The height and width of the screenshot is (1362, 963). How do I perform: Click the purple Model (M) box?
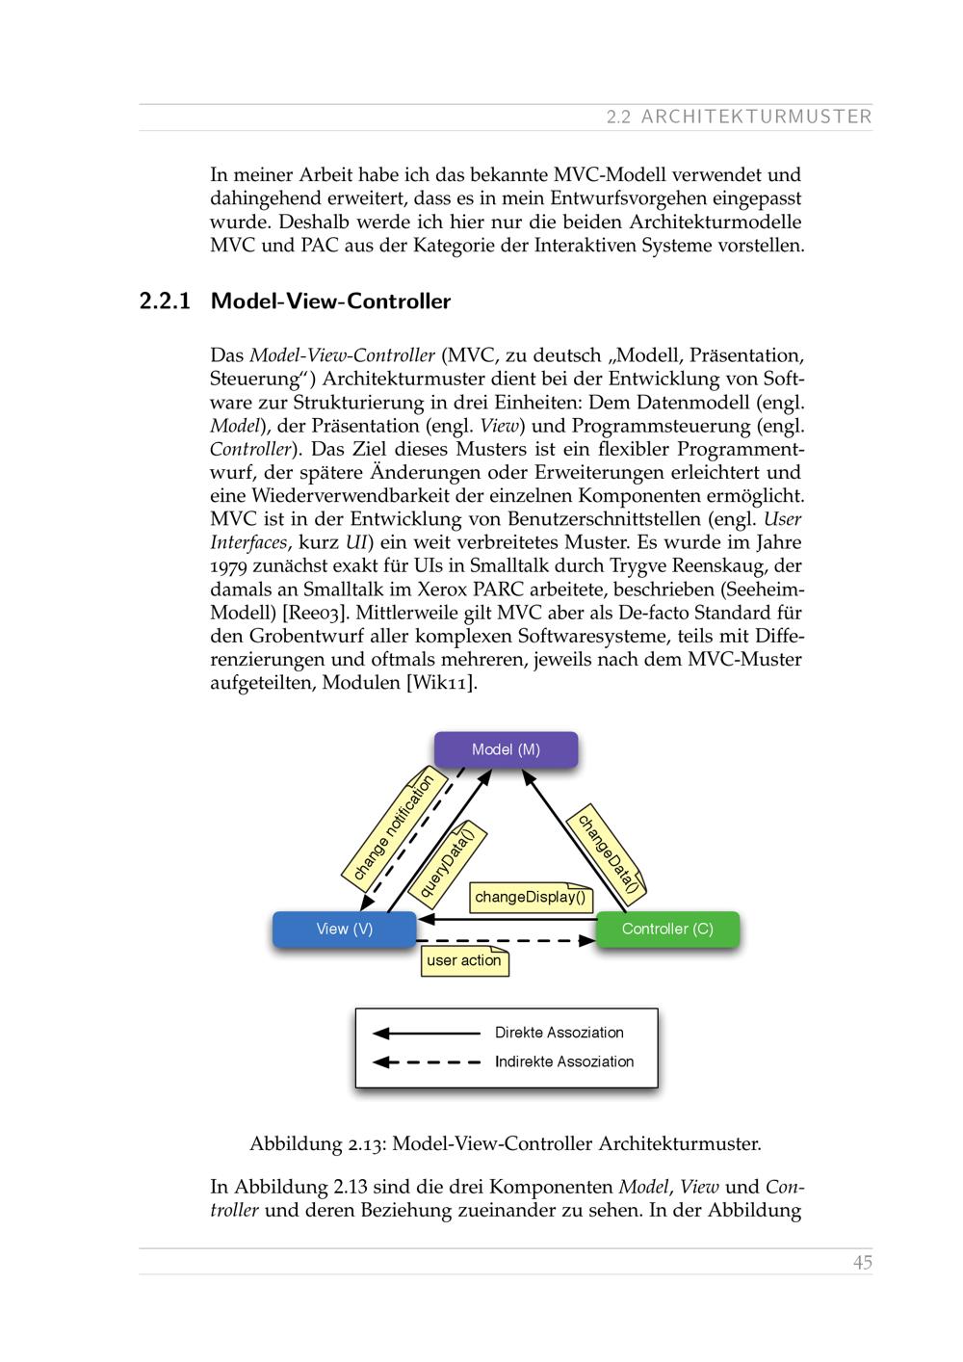pyautogui.click(x=506, y=749)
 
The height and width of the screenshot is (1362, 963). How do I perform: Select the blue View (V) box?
pyautogui.click(x=344, y=930)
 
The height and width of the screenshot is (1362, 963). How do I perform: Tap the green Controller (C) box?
pyautogui.click(x=667, y=930)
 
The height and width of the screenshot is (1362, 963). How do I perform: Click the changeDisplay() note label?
pyautogui.click(x=531, y=898)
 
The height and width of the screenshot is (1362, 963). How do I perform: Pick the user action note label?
pyautogui.click(x=464, y=961)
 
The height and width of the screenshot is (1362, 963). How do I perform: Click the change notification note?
pyautogui.click(x=392, y=827)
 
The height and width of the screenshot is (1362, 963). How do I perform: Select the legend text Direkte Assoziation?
pyautogui.click(x=559, y=1033)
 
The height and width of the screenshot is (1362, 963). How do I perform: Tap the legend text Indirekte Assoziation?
pyautogui.click(x=564, y=1061)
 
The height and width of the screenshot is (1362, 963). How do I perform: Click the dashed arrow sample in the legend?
pyautogui.click(x=427, y=1062)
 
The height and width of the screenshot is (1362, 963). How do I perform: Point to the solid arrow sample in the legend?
pyautogui.click(x=427, y=1034)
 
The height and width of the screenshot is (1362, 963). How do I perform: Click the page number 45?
pyautogui.click(x=862, y=1262)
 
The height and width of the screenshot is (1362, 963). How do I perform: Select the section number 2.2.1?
pyautogui.click(x=166, y=301)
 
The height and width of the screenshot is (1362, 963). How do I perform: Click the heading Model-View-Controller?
pyautogui.click(x=330, y=301)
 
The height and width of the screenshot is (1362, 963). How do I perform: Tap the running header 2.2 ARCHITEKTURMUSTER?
pyautogui.click(x=739, y=118)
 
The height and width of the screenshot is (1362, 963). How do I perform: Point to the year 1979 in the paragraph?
pyautogui.click(x=228, y=566)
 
